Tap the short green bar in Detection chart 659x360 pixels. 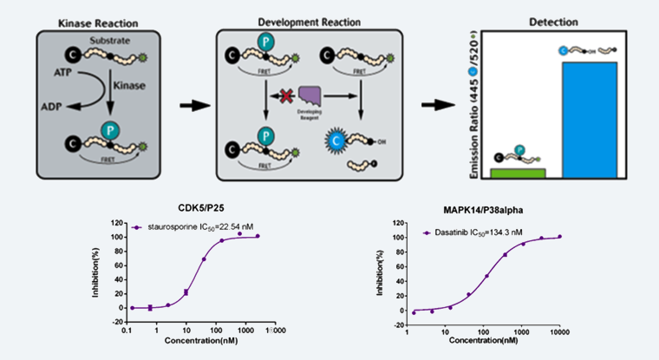[x=518, y=173]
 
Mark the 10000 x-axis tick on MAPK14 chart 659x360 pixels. [x=560, y=331]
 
